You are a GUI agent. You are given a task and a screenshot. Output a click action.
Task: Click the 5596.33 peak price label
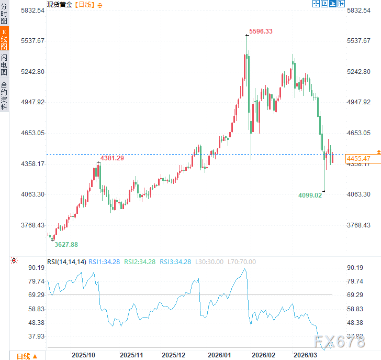(261, 31)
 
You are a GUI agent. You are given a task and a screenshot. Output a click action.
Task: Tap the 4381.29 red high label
(112, 158)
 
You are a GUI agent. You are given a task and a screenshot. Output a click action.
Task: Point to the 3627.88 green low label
(66, 244)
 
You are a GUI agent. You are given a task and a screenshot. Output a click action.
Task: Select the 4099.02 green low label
(310, 195)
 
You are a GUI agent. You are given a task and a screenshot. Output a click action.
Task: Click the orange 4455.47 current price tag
(358, 158)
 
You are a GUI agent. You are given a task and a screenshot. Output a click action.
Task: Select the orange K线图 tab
(4, 40)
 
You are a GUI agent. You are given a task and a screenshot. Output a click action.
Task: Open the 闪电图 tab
(4, 64)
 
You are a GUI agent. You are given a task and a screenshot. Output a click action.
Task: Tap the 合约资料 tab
(4, 95)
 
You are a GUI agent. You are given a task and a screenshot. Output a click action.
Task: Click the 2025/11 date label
(131, 355)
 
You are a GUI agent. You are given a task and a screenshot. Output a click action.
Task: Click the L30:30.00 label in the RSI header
(208, 261)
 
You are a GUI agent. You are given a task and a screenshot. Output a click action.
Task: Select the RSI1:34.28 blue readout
(104, 261)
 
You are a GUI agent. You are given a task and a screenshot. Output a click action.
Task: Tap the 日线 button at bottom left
(26, 356)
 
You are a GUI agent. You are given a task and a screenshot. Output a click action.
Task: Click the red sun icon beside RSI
(14, 260)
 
